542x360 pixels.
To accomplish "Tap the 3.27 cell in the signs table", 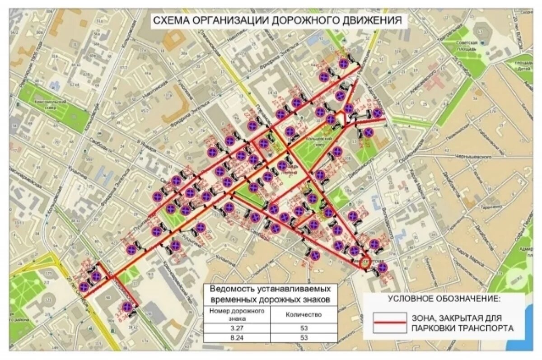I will [237, 327].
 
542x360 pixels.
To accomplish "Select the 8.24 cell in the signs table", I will [237, 337].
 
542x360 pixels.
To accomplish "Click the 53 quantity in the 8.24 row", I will [304, 337].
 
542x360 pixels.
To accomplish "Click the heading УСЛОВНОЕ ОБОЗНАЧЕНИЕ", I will [444, 299].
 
